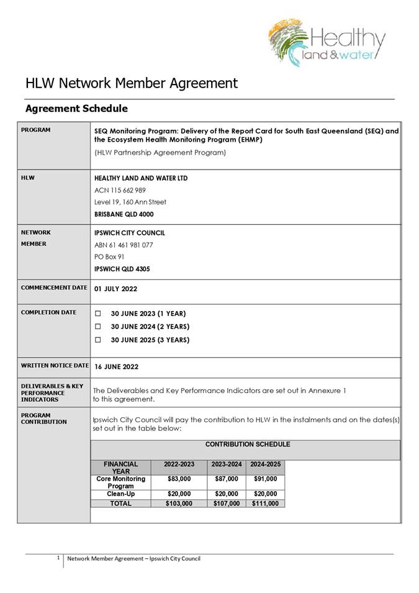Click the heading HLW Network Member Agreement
131,83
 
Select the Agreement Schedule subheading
76,109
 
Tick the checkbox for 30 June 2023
97,314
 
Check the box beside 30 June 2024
97,327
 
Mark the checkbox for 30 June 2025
97,340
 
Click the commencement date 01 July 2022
115,289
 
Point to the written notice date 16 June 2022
116,367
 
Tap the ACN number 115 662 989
120,190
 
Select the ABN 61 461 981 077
124,245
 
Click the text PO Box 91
109,256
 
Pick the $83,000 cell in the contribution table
179,479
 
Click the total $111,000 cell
265,504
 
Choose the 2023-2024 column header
226,464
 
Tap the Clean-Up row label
120,494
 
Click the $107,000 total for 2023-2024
226,504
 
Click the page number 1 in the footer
58,558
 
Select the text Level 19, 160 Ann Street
130,202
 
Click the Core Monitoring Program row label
120,482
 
